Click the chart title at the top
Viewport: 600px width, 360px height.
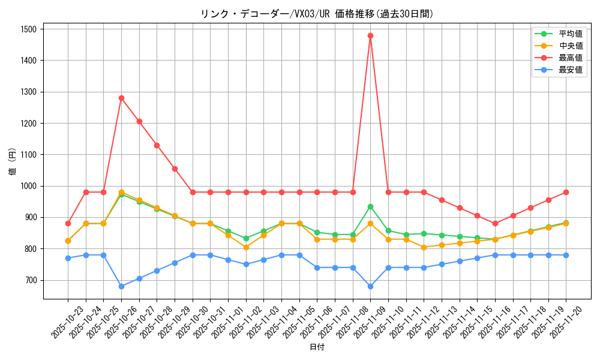click(x=317, y=14)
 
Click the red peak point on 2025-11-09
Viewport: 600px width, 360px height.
click(x=370, y=35)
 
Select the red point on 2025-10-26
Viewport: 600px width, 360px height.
click(x=121, y=98)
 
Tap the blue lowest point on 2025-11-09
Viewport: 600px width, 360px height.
click(x=370, y=286)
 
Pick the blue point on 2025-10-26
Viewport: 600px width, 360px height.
click(x=121, y=286)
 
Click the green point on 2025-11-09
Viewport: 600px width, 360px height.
click(x=370, y=206)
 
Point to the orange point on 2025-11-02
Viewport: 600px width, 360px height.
click(x=246, y=247)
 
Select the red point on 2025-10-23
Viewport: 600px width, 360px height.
click(x=68, y=223)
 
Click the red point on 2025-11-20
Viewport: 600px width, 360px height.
click(x=566, y=192)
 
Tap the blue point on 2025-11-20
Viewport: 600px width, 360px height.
click(x=566, y=255)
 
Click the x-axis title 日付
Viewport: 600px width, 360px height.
click(x=317, y=347)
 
